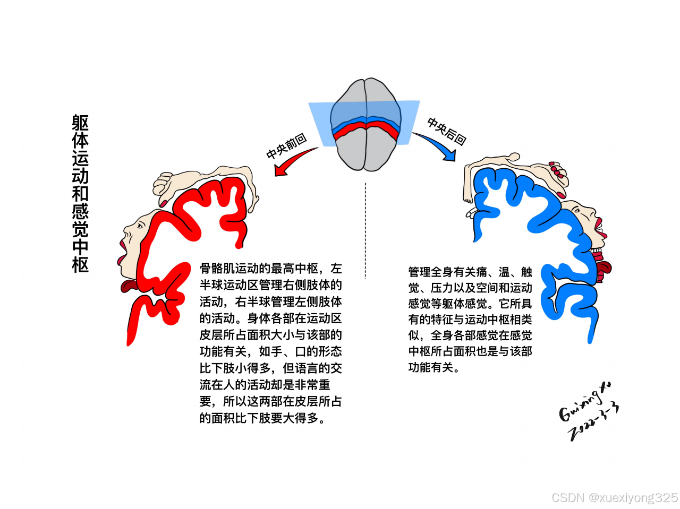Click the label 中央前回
point(286,146)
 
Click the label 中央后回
point(447,132)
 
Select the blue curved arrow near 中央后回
point(435,144)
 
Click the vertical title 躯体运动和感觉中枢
point(80,194)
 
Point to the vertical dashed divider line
point(365,231)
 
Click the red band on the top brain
point(365,129)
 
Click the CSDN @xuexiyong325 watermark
point(614,498)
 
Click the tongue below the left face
point(129,287)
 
